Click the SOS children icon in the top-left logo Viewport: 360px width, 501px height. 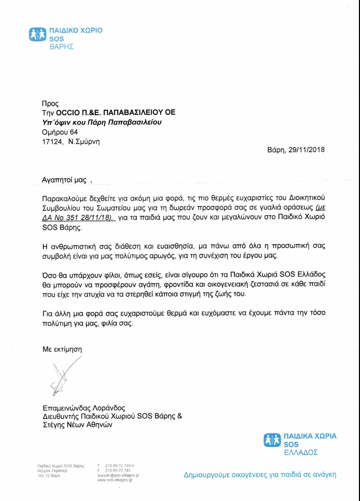point(37,34)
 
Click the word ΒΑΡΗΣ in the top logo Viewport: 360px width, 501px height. point(61,47)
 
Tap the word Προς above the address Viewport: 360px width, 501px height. point(50,104)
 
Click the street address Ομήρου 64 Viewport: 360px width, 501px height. point(60,132)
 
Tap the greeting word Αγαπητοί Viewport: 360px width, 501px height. point(57,180)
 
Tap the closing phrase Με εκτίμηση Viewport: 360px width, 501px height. point(62,349)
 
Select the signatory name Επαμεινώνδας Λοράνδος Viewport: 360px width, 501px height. point(84,408)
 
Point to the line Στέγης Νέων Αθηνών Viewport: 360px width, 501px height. point(77,425)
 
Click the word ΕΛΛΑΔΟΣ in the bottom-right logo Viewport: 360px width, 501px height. point(301,453)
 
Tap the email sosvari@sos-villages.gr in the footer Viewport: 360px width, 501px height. point(118,475)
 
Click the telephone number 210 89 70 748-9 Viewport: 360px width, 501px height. point(120,466)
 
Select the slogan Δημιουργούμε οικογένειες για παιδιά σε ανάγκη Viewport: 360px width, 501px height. point(260,475)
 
